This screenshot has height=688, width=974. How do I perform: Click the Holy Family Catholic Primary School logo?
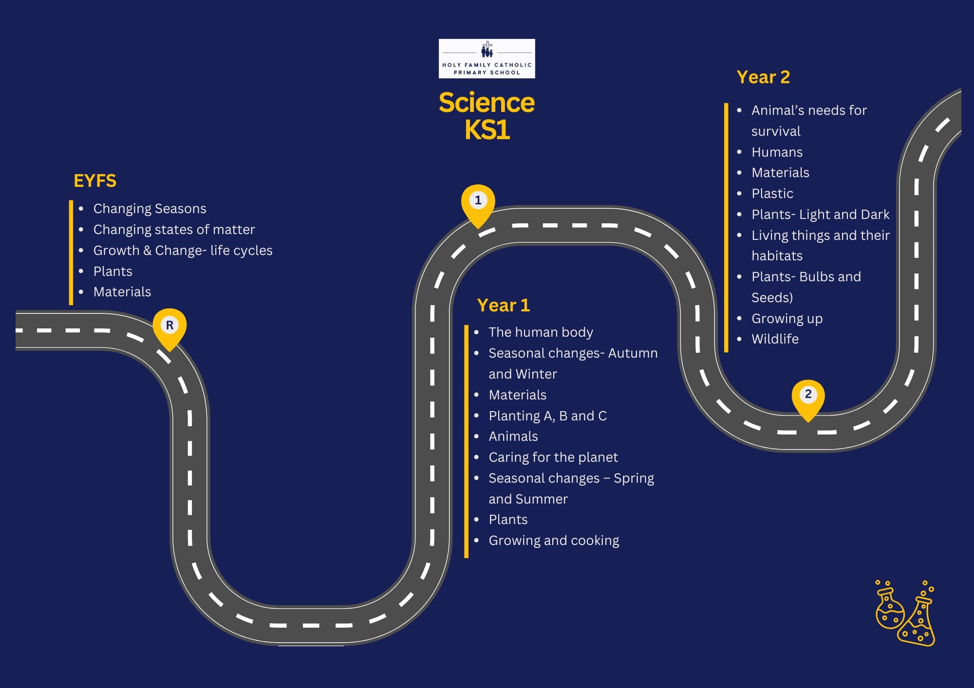point(487,58)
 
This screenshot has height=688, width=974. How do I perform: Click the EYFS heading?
point(95,181)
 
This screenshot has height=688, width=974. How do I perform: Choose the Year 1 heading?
point(503,306)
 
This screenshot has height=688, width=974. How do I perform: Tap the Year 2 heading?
point(763,77)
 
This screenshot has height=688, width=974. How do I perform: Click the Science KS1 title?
point(487,116)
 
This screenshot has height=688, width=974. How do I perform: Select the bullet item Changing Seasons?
point(150,209)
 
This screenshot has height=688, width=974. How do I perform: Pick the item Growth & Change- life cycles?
point(183,251)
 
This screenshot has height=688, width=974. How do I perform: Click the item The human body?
point(541,332)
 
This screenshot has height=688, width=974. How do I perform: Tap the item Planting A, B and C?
point(547,416)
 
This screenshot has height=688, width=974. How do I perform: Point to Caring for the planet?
point(553,457)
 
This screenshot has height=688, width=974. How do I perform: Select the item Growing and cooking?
point(554,541)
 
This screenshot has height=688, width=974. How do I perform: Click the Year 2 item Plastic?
point(772,194)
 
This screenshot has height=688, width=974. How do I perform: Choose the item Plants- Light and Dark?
point(820,215)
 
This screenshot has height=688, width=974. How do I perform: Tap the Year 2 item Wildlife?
point(775,339)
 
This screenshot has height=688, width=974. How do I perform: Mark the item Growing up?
point(787,319)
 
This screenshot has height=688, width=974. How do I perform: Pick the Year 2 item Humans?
point(777,152)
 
